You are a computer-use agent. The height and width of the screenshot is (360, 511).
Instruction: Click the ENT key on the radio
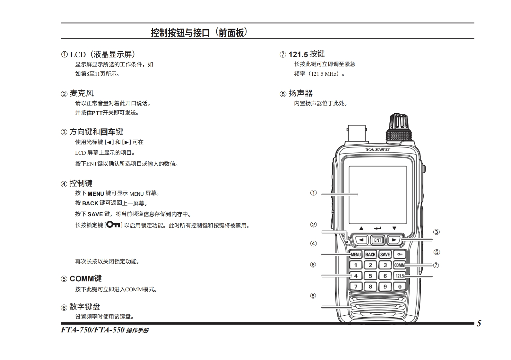[x=377, y=240]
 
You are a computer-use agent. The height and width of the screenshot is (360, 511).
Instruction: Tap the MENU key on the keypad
[x=355, y=254]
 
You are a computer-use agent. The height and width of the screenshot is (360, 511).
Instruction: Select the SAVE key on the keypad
[x=385, y=254]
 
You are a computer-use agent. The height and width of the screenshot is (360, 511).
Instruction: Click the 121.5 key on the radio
[x=400, y=276]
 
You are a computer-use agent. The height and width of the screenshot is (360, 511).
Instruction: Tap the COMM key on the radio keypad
[x=400, y=265]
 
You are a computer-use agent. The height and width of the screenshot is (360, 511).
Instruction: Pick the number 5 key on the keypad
[x=370, y=276]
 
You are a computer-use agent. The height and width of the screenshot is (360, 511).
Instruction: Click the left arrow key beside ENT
[x=361, y=240]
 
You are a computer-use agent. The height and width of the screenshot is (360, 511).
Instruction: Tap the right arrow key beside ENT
[x=394, y=240]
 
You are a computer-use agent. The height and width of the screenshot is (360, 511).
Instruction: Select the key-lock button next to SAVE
[x=400, y=254]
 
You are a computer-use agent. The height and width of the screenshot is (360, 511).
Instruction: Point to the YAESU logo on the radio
[x=377, y=150]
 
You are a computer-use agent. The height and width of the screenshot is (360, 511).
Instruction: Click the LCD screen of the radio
[x=378, y=195]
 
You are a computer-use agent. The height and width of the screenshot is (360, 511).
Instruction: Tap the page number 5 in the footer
[x=479, y=323]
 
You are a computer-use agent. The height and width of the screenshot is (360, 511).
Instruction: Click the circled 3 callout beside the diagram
[x=437, y=232]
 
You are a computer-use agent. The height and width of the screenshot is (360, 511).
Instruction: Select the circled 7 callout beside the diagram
[x=436, y=265]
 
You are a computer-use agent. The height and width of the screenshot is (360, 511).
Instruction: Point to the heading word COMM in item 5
[x=82, y=279]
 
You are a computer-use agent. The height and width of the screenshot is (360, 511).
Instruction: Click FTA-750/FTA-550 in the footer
[x=93, y=330]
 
